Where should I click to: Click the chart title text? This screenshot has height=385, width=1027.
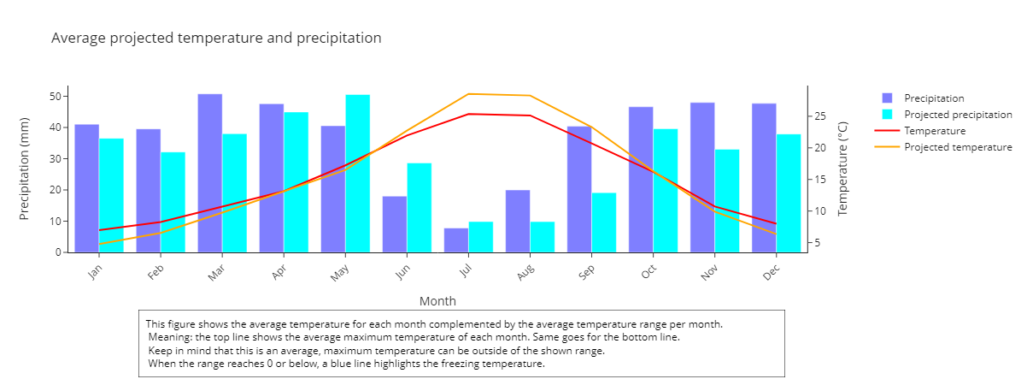tap(216, 38)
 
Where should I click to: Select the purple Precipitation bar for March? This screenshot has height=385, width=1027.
tap(210, 173)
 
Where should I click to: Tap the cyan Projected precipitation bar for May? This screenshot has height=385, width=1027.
tap(358, 174)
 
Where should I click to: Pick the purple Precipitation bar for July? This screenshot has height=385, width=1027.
tap(456, 240)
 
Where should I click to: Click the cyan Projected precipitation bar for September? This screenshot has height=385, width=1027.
tap(604, 222)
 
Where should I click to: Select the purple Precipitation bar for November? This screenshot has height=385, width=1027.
tap(702, 178)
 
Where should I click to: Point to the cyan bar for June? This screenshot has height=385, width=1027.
tap(420, 207)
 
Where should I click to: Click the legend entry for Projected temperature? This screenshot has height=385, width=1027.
tap(943, 147)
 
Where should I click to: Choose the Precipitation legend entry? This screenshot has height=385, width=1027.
tap(923, 98)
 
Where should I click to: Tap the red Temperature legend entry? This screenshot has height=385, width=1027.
tap(920, 131)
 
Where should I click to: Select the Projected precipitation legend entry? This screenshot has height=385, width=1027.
tap(947, 115)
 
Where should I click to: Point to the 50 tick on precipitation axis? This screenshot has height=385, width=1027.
tap(56, 97)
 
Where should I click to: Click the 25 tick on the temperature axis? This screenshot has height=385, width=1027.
tap(819, 116)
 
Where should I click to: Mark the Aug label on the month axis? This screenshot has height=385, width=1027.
tap(525, 272)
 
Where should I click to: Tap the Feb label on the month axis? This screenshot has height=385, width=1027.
tap(156, 272)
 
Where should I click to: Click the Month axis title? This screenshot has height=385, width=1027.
tap(437, 301)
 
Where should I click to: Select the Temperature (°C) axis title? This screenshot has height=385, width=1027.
tap(842, 169)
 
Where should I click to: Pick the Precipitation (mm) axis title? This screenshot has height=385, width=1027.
tap(24, 169)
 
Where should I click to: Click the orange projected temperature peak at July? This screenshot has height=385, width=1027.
tap(468, 94)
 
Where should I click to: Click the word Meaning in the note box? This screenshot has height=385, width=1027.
tap(170, 337)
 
